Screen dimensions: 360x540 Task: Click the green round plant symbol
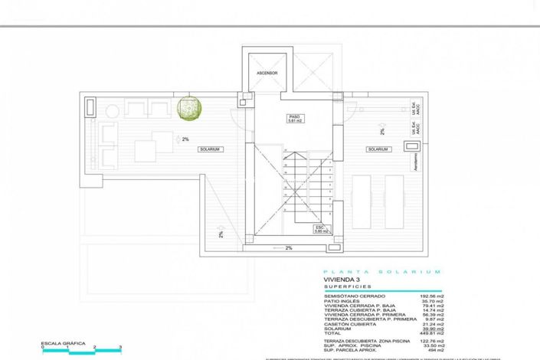(x=189, y=110)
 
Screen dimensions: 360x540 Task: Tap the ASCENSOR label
(x=267, y=74)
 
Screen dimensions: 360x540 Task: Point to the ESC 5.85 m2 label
(x=320, y=229)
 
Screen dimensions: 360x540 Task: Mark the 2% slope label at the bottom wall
(x=289, y=248)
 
